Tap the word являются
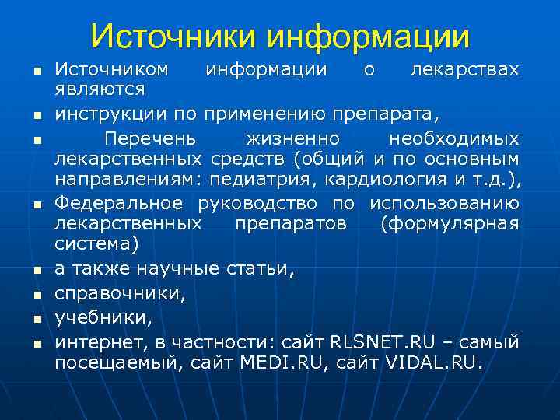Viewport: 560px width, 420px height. coord(95,90)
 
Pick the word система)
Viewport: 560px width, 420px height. coord(96,244)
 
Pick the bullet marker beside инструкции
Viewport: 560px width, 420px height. coord(36,117)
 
